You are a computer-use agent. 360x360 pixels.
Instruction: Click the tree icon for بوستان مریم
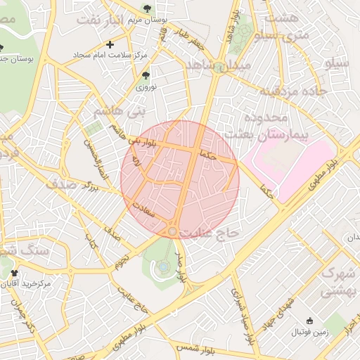tap(146, 8)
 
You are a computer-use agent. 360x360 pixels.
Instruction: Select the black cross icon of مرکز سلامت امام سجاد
tap(110, 44)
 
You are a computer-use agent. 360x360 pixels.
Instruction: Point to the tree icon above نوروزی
tap(146, 74)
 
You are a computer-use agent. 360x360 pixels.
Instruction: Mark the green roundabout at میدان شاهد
tap(221, 67)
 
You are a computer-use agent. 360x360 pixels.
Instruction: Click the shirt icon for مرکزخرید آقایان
tap(13, 273)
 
